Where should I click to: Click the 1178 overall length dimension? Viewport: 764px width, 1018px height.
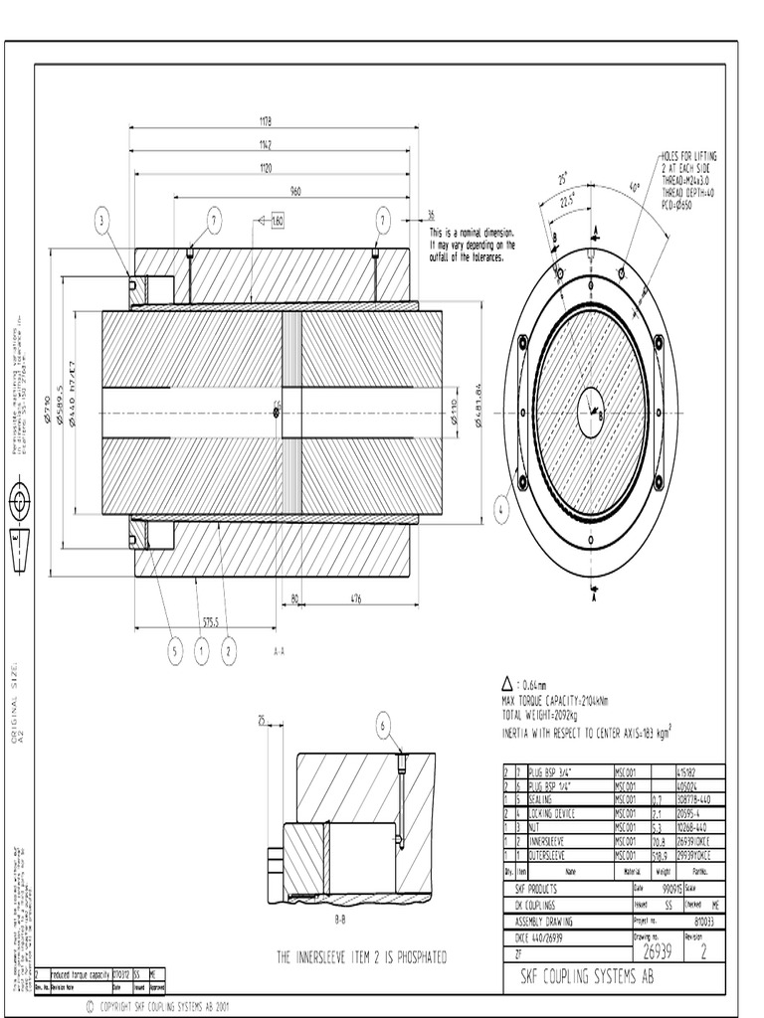(266, 121)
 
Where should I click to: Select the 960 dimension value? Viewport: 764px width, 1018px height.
(295, 190)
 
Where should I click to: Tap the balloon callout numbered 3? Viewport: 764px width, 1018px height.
(102, 221)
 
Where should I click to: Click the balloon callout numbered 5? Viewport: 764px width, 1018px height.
(175, 651)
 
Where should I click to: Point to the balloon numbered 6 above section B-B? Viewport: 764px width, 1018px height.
(383, 727)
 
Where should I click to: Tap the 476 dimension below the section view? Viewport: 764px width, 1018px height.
(355, 597)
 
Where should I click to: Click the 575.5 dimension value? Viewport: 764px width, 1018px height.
(212, 621)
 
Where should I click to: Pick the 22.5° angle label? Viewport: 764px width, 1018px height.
(566, 198)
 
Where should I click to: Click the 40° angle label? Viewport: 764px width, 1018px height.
(634, 186)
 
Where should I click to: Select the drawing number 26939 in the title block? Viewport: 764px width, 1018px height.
(658, 952)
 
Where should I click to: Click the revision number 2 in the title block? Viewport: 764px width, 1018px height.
(704, 952)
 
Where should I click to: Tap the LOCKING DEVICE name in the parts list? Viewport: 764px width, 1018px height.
(552, 813)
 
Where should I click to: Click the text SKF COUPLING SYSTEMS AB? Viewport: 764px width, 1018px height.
(587, 978)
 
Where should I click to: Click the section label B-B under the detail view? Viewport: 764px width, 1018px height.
(339, 921)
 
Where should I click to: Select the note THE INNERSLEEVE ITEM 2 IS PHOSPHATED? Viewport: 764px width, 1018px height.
(361, 957)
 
